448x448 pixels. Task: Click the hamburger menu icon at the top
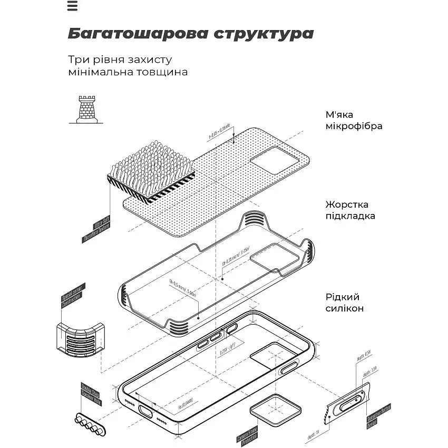[73, 6]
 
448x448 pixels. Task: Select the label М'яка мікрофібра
[354, 121]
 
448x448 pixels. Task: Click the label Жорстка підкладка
[354, 210]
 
